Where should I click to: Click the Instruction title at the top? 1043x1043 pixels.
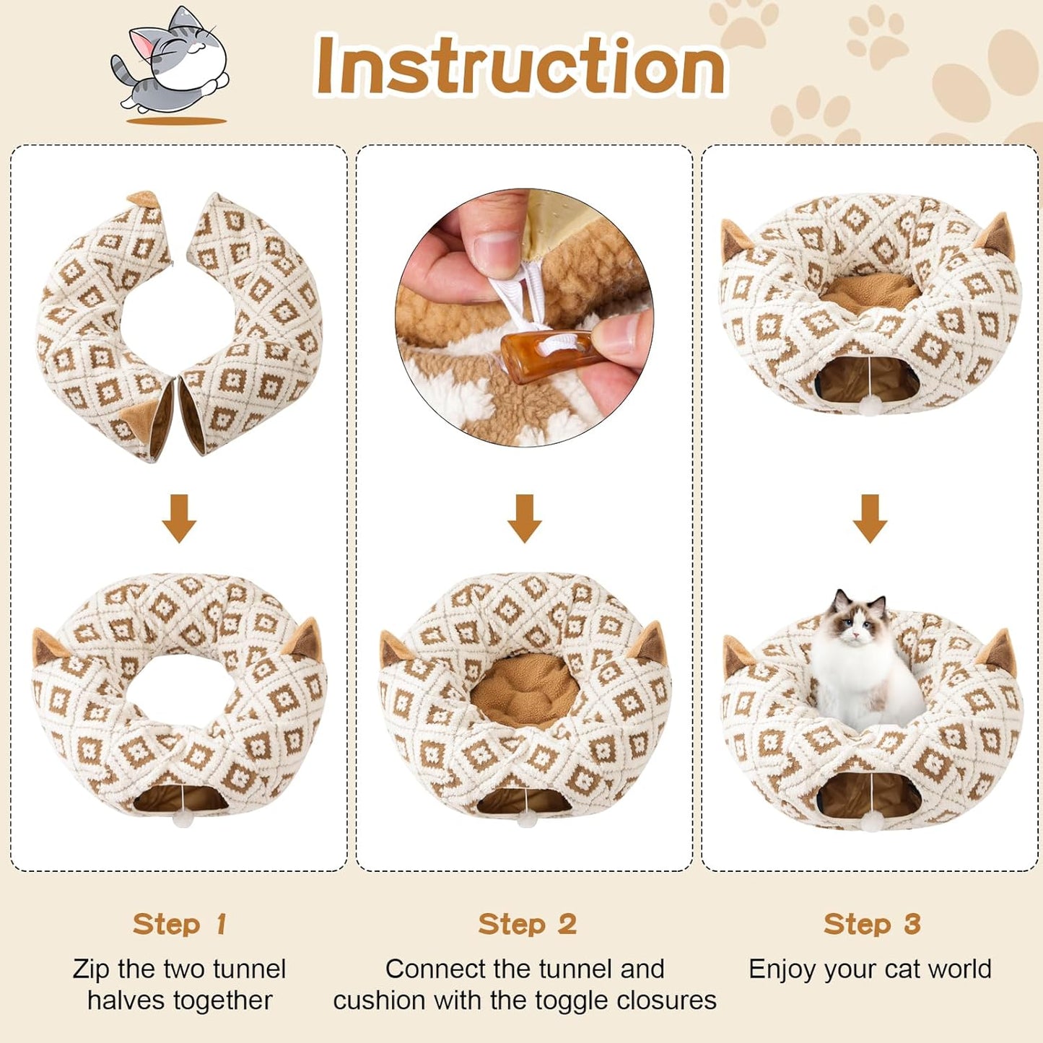[x=520, y=66]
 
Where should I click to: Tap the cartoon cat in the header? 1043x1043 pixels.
[x=172, y=64]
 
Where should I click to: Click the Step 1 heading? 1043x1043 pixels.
[x=180, y=924]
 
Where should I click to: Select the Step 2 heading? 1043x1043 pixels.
[x=527, y=924]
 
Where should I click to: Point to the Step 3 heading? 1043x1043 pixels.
[x=872, y=924]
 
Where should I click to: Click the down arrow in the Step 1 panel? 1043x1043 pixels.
[x=179, y=518]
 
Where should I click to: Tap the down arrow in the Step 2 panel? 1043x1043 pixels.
[x=524, y=518]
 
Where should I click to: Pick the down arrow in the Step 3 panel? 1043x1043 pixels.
[x=870, y=518]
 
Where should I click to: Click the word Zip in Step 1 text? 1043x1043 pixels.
[x=92, y=969]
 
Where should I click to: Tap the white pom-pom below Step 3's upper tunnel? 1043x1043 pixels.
[x=868, y=408]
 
